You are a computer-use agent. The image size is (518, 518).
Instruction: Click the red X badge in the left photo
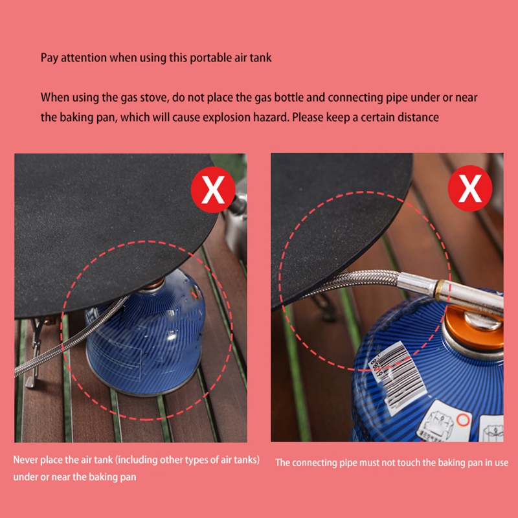click(x=213, y=188)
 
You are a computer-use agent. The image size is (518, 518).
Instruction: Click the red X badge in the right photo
click(x=471, y=188)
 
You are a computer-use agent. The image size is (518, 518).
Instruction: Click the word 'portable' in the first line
click(x=210, y=57)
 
